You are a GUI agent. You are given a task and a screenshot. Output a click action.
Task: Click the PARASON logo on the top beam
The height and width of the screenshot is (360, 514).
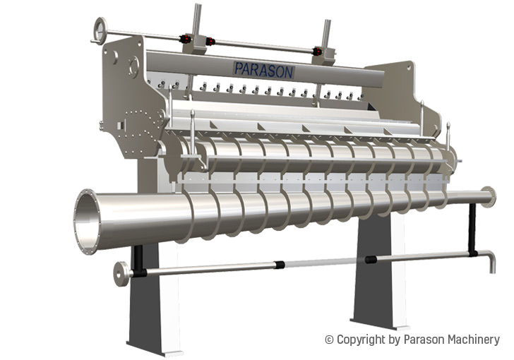(x=264, y=70)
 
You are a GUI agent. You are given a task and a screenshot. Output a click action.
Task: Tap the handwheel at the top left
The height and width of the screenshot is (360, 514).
(x=100, y=30)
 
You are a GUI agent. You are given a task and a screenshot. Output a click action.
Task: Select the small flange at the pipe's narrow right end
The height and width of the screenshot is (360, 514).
(x=489, y=197)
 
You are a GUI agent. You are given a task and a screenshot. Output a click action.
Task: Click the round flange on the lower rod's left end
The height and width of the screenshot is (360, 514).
(x=121, y=274)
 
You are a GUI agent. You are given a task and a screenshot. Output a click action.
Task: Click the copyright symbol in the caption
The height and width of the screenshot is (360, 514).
(x=329, y=340)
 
